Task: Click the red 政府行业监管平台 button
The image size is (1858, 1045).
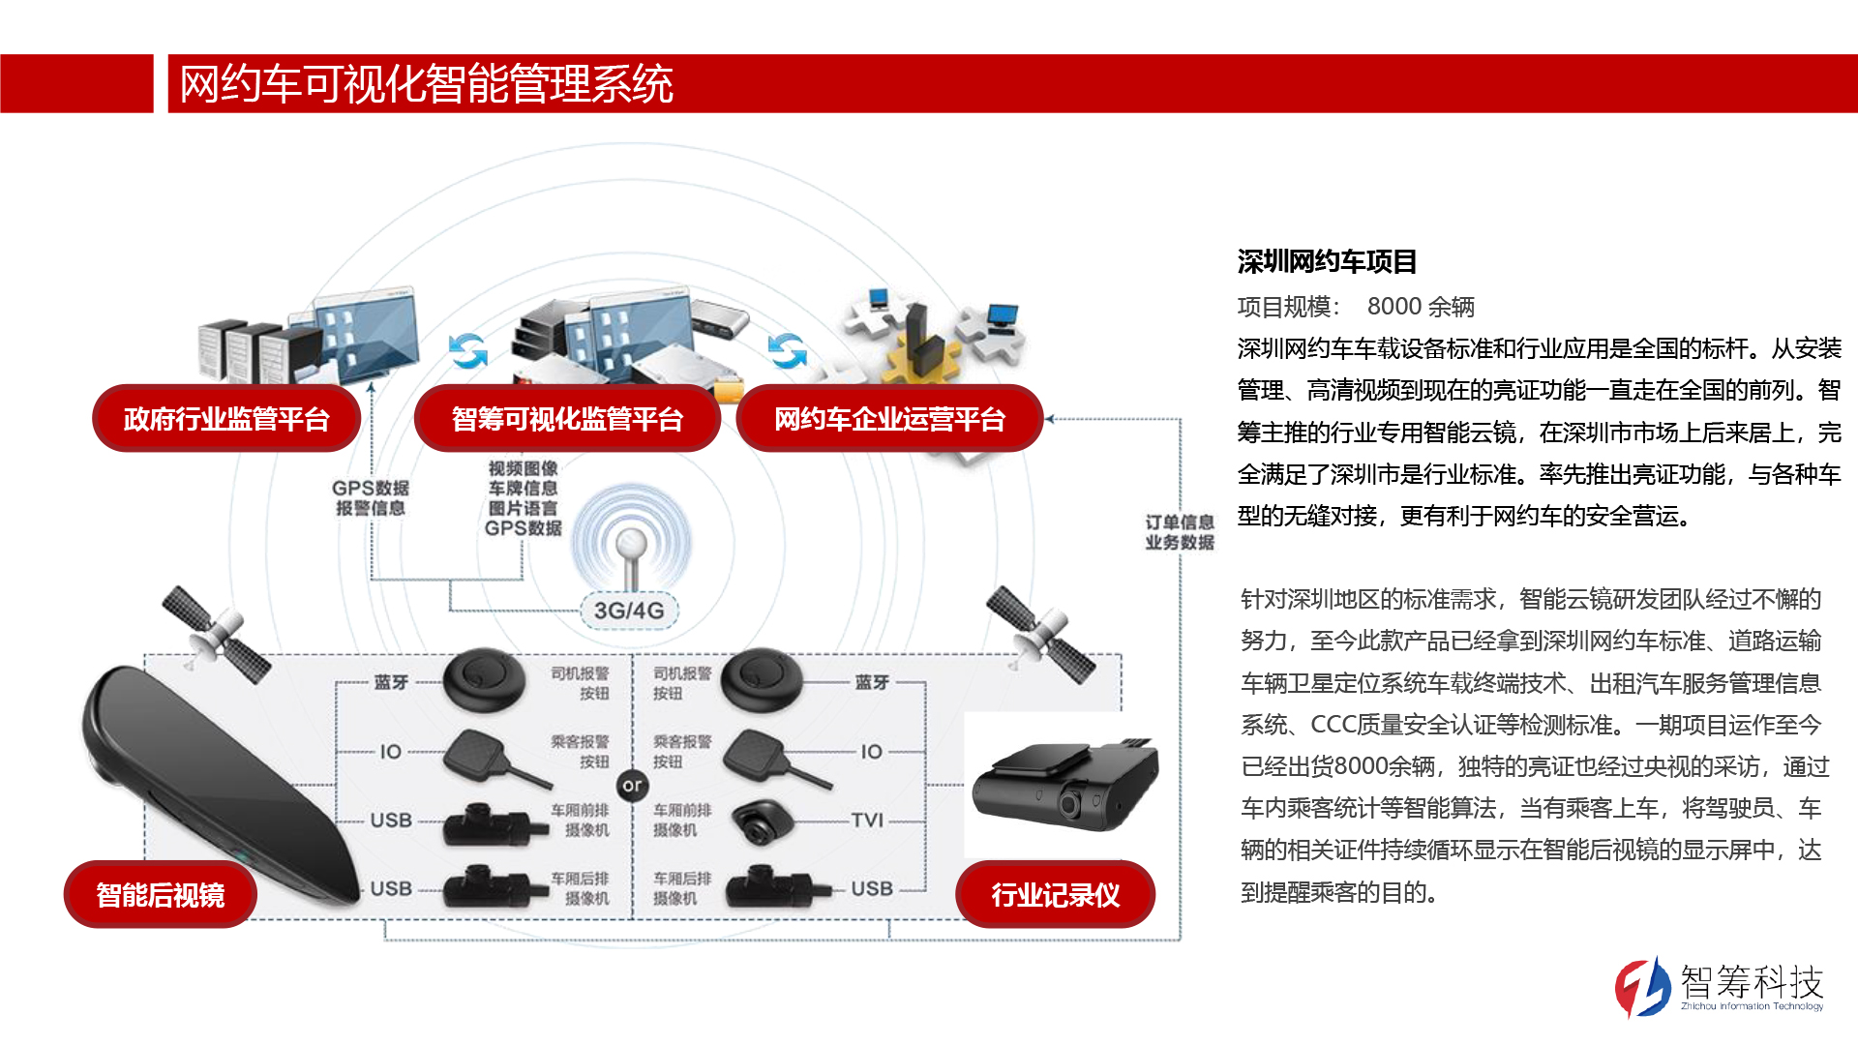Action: click(x=226, y=419)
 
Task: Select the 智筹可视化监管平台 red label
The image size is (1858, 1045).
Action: click(x=567, y=419)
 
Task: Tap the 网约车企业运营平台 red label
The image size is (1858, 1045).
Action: click(x=889, y=419)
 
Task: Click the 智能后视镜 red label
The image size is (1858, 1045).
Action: click(x=161, y=894)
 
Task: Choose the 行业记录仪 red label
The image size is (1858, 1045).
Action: click(x=1055, y=894)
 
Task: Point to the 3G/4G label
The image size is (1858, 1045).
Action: click(x=629, y=611)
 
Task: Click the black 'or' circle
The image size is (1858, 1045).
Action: click(x=632, y=785)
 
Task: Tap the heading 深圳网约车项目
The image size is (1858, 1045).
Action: click(x=1327, y=261)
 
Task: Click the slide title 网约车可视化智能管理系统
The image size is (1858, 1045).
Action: click(x=426, y=84)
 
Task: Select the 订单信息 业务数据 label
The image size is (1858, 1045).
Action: click(x=1179, y=532)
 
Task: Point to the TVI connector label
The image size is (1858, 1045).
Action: click(x=867, y=821)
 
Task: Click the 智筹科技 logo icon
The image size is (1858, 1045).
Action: click(x=1642, y=987)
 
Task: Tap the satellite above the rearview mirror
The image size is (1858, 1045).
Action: click(x=215, y=634)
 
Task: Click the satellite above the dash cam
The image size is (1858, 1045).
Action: click(x=1040, y=634)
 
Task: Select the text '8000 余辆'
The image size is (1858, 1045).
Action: click(x=1420, y=307)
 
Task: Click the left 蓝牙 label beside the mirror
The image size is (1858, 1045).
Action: click(x=391, y=682)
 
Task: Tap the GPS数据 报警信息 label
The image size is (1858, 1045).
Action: click(x=371, y=498)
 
